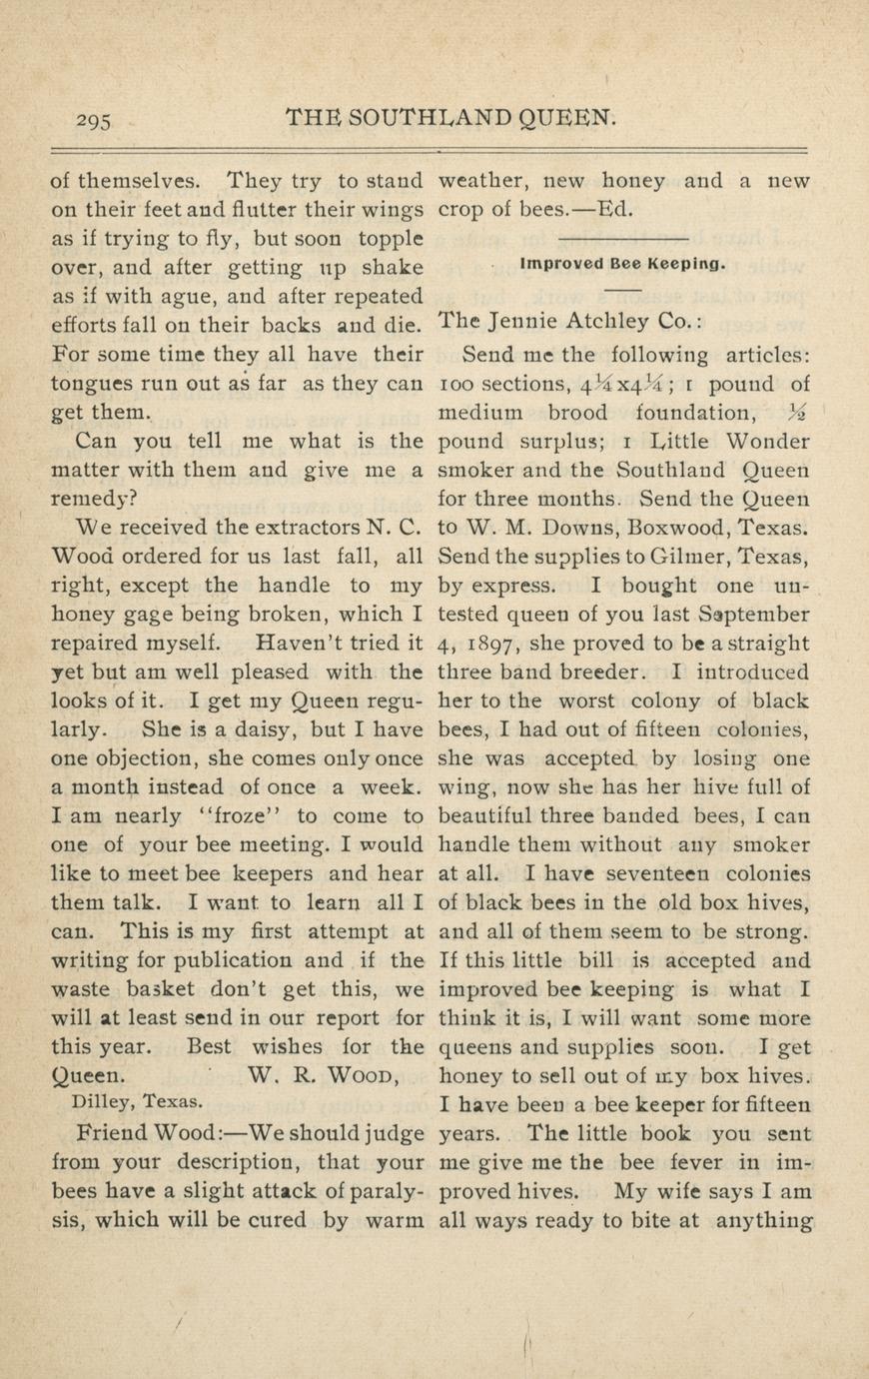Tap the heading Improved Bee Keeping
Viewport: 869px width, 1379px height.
[621, 265]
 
